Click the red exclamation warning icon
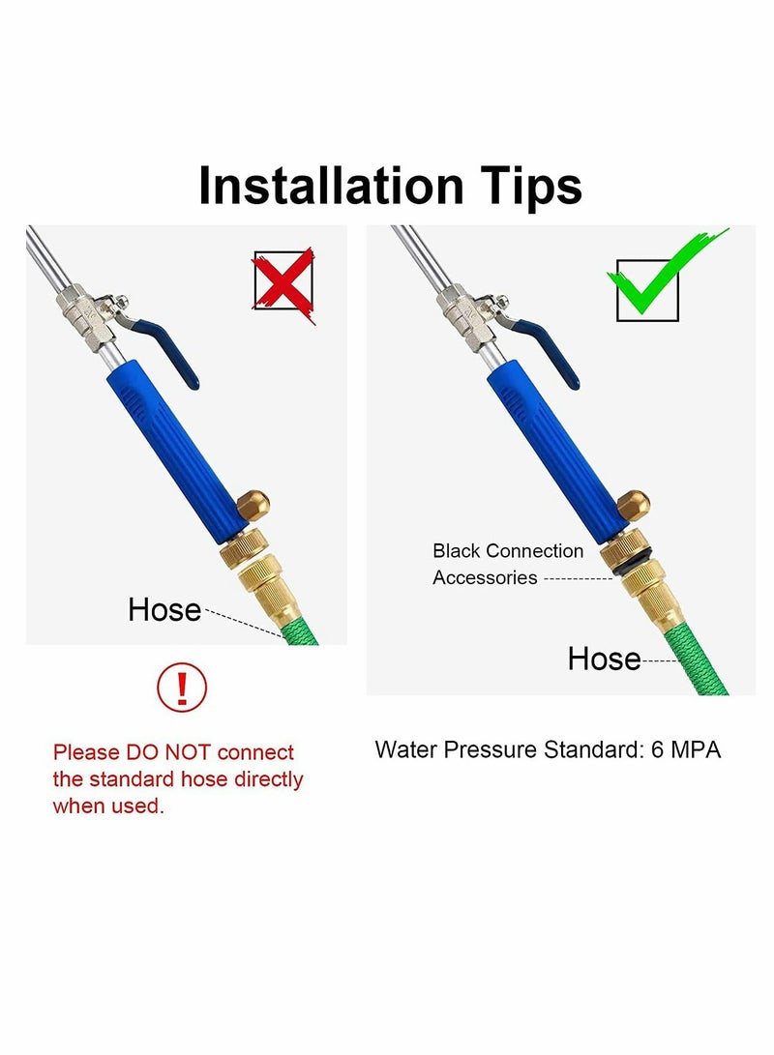(x=182, y=688)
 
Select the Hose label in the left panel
(x=164, y=610)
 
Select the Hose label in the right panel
(x=604, y=659)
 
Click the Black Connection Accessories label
(x=508, y=564)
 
